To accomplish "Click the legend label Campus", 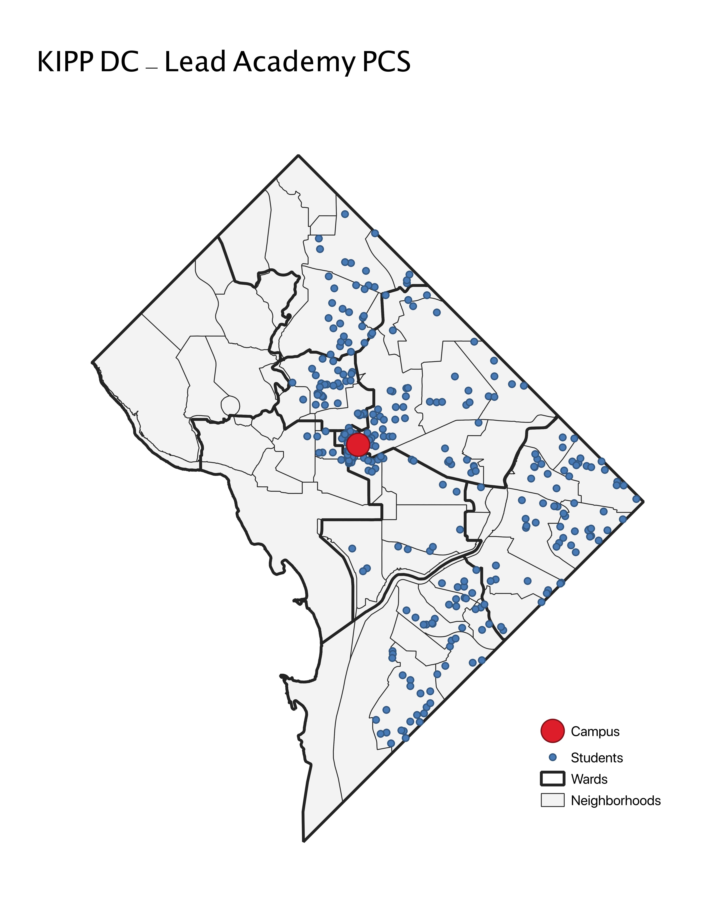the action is pos(595,732).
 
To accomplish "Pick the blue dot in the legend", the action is pos(553,757).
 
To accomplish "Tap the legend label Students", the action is pos(596,758).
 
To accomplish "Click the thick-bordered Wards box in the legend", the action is pos(552,779).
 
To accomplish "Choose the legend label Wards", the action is pos(589,779).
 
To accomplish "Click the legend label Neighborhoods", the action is pos(615,801).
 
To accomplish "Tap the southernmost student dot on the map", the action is pos(391,743).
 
